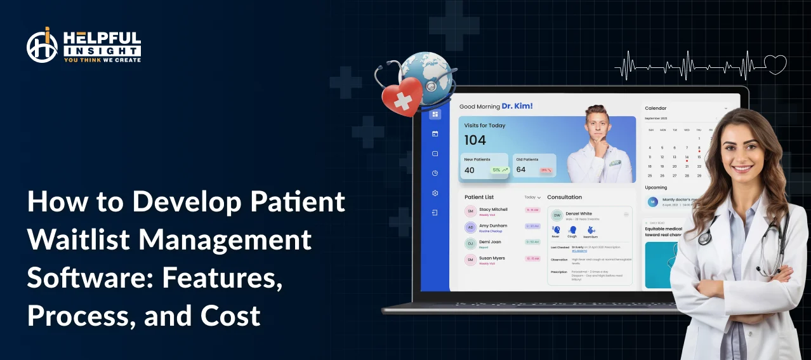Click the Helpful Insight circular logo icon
pos(43,45)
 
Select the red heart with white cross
pos(402,96)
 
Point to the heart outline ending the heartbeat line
pos(775,64)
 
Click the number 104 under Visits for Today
pos(475,140)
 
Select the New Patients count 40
pos(470,170)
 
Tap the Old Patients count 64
pos(521,170)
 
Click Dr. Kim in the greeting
pos(517,106)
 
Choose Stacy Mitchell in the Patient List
pos(493,210)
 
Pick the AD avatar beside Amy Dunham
pos(470,227)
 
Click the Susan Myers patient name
pos(492,258)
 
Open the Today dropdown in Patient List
pos(532,197)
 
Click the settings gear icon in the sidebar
pos(435,193)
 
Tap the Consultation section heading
pos(564,197)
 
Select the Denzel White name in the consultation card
pos(578,214)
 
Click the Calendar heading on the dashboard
pos(656,108)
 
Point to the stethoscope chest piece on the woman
pos(704,237)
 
